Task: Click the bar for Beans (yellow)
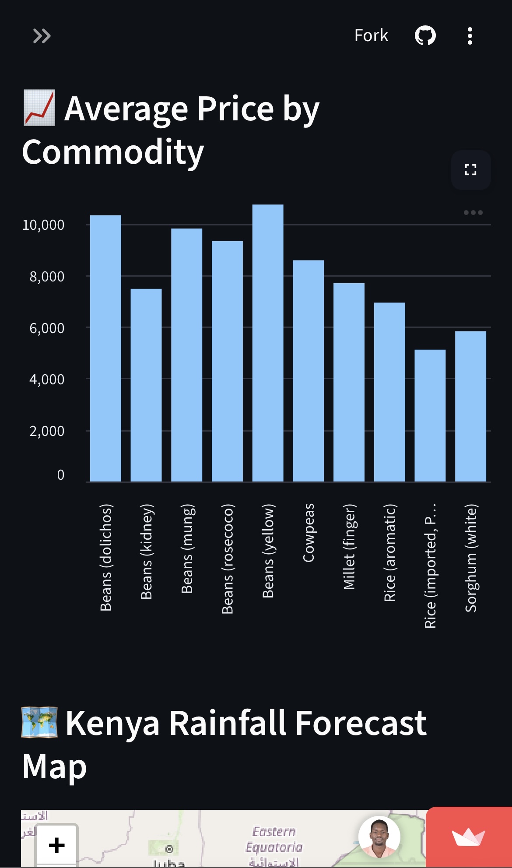pos(268,343)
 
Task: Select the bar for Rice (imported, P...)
pos(430,415)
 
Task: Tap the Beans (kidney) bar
pos(146,385)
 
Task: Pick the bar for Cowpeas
pos(308,371)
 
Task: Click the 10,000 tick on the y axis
pos(43,225)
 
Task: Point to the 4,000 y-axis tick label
pos(47,380)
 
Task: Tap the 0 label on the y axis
pos(61,475)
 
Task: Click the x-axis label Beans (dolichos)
pos(106,557)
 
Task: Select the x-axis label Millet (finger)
pos(349,547)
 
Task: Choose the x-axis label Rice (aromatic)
pos(389,552)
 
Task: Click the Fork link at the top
pos(371,35)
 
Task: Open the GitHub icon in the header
pos(425,35)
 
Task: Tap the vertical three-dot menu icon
pos(470,36)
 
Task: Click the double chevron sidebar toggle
pos(42,36)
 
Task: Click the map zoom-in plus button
pos(57,845)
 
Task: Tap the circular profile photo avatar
pos(379,837)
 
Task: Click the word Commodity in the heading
pos(113,152)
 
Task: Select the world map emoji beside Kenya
pos(39,722)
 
